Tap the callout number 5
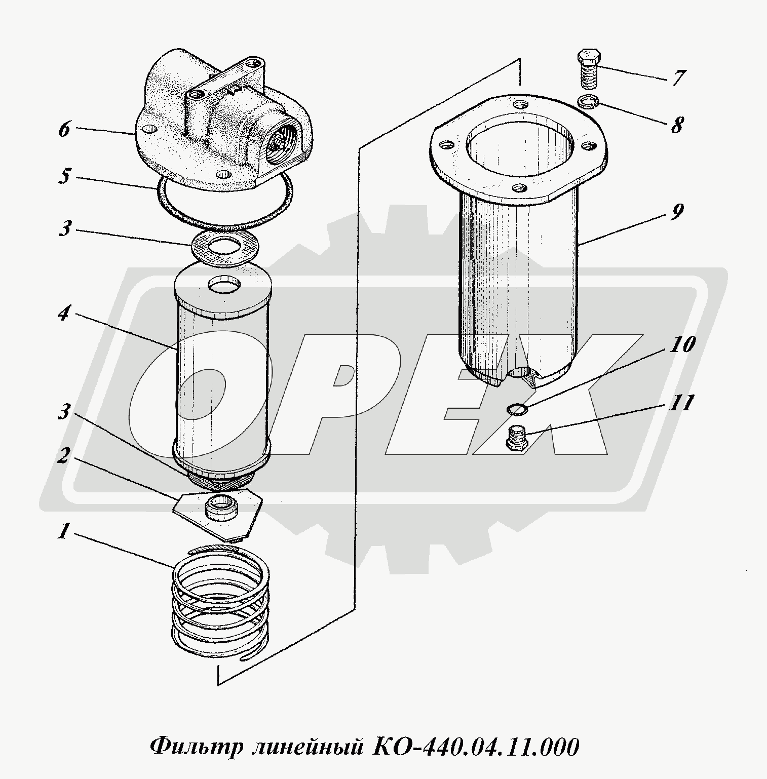click(64, 177)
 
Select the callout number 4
click(63, 314)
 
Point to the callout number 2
click(63, 456)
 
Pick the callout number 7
click(679, 77)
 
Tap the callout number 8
click(677, 125)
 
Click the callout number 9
click(677, 211)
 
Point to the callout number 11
click(681, 403)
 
